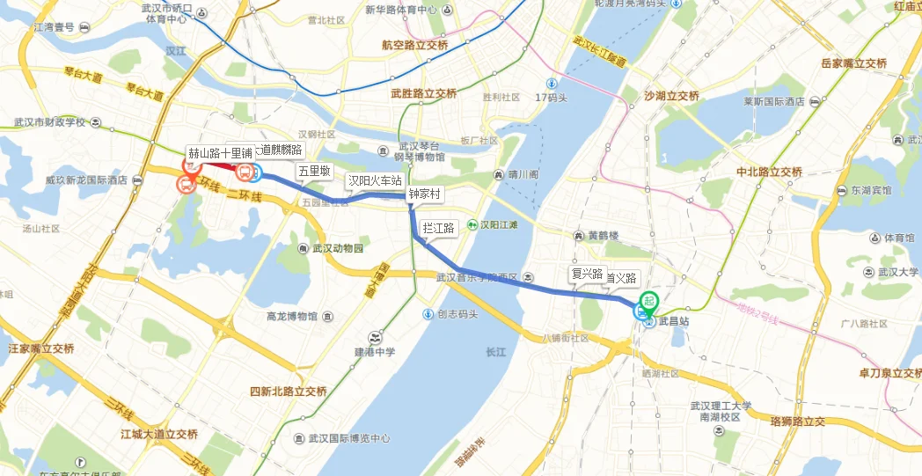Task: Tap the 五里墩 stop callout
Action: (x=313, y=172)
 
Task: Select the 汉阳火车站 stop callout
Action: (x=375, y=181)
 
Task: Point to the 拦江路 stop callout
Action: (x=438, y=228)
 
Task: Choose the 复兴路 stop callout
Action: (x=587, y=274)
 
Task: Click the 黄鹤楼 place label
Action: (x=604, y=236)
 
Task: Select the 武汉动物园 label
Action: (x=337, y=248)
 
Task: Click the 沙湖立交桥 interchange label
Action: (x=671, y=95)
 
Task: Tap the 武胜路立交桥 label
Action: (x=424, y=93)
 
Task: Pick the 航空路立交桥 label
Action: (x=414, y=45)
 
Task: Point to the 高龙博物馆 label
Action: (x=292, y=316)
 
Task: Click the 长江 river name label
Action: (x=496, y=352)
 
